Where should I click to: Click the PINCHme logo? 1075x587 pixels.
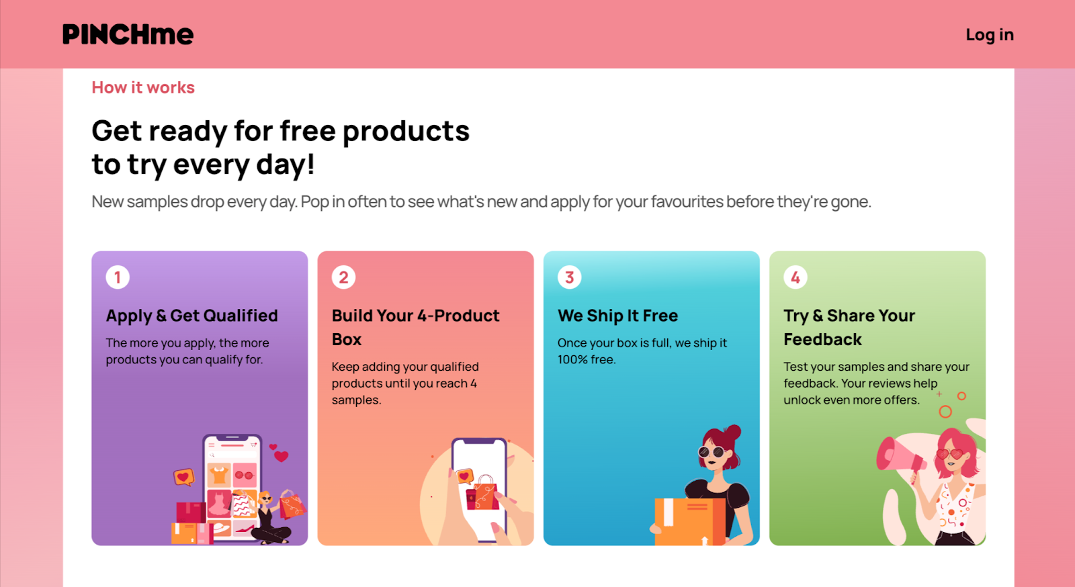[x=128, y=34]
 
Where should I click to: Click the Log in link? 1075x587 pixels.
[x=990, y=34]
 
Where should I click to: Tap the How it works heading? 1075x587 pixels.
[x=143, y=87]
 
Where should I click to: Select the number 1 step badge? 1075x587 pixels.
[x=118, y=277]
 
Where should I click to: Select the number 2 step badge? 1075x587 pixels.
[x=343, y=277]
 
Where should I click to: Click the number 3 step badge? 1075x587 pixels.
[x=570, y=277]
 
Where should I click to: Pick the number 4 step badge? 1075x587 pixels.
[x=795, y=277]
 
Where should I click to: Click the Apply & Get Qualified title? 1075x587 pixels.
[x=192, y=316]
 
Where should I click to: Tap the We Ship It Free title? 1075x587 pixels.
[x=617, y=316]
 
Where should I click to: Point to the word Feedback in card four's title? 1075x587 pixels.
[x=822, y=340]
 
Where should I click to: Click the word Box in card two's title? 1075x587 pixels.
[x=347, y=340]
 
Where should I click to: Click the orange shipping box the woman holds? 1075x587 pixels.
[x=690, y=521]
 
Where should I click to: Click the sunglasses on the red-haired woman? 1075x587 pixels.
[x=712, y=452]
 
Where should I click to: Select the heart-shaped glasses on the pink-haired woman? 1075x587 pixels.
[x=949, y=453]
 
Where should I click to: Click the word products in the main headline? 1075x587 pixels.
[x=406, y=132]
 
